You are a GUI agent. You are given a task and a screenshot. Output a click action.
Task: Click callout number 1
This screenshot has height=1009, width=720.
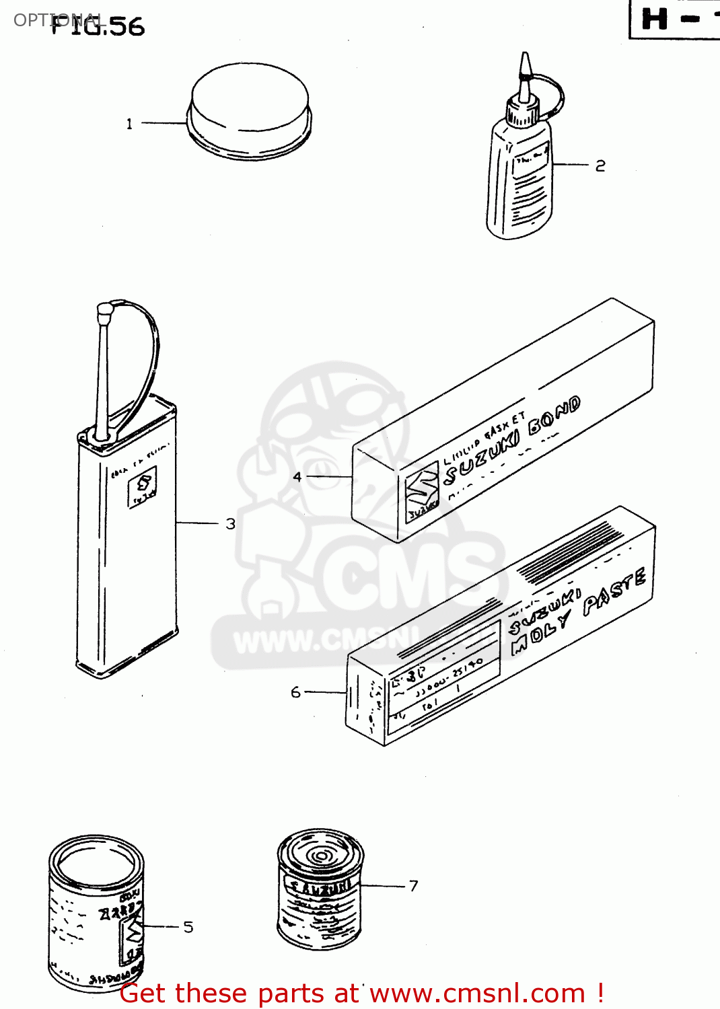[129, 124]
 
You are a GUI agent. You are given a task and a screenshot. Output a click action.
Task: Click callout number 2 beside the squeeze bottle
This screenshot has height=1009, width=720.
[600, 165]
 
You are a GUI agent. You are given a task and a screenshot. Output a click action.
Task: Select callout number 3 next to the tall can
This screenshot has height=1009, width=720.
[230, 523]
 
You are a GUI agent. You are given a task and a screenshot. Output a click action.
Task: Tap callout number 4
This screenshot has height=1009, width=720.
[297, 477]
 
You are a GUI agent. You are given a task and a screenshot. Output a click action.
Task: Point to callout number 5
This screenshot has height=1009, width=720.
[188, 927]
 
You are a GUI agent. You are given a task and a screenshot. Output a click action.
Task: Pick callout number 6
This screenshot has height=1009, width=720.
[295, 692]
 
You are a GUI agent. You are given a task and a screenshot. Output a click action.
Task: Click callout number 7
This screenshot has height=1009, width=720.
[413, 886]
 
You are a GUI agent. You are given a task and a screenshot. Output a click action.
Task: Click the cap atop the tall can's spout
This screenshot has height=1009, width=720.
[104, 311]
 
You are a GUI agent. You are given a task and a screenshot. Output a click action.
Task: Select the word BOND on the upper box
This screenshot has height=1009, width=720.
[553, 416]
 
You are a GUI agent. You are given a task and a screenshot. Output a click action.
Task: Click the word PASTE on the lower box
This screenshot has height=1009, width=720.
[614, 593]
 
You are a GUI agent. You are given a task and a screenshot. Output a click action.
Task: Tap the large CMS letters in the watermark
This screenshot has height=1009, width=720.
[404, 578]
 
